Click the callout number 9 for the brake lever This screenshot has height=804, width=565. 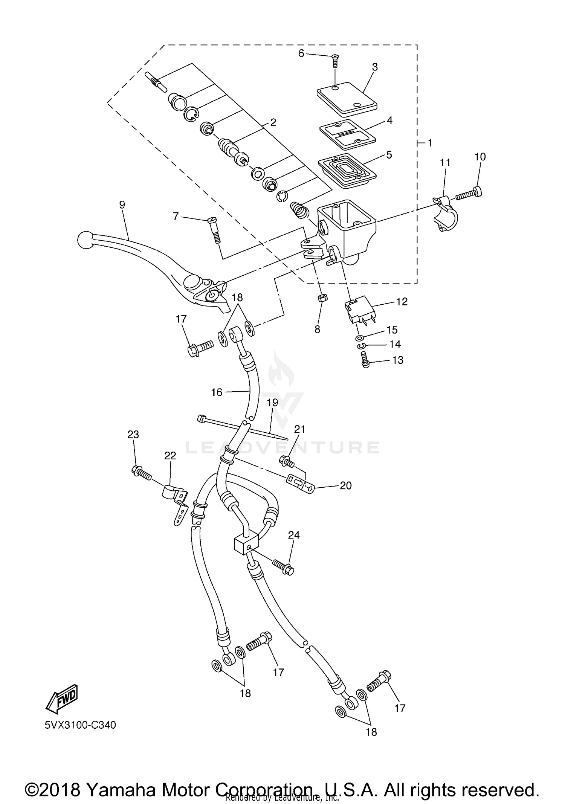pos(122,204)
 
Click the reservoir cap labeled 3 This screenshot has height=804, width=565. pos(346,99)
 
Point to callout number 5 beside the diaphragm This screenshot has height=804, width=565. pos(389,155)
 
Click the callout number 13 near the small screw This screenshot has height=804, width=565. pos(397,360)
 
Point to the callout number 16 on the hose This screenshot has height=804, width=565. pos(217,392)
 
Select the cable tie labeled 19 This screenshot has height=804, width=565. pos(241,427)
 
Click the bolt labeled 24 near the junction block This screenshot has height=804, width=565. pos(284,568)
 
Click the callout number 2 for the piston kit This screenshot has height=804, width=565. pos(273,122)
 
